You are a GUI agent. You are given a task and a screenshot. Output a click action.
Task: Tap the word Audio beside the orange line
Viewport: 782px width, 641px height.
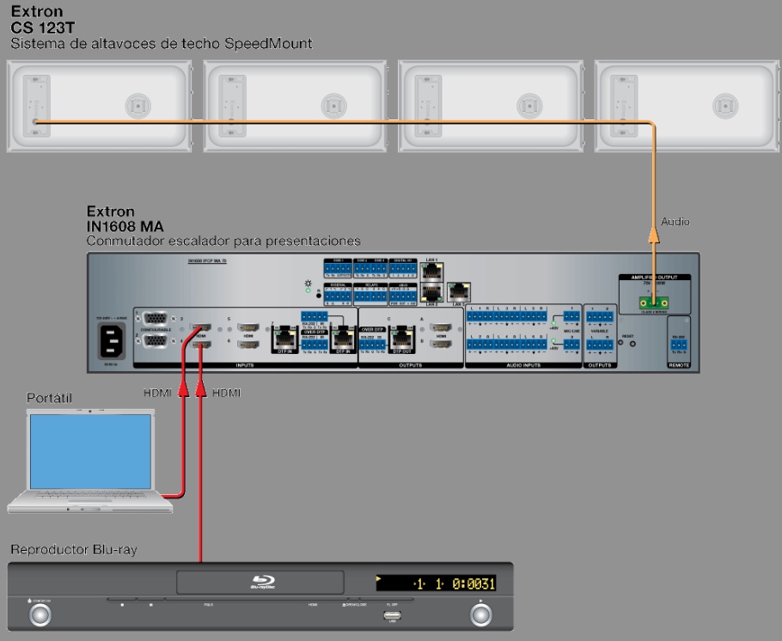[x=675, y=222]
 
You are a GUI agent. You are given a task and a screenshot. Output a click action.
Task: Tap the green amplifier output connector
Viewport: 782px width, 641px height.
[x=653, y=302]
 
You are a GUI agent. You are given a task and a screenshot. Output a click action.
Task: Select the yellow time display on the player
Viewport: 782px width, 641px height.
[x=437, y=584]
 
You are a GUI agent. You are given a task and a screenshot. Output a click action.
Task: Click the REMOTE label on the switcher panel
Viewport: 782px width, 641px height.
[x=679, y=364]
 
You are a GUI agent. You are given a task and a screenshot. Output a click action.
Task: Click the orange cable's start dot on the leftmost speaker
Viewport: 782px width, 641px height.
[x=35, y=123]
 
